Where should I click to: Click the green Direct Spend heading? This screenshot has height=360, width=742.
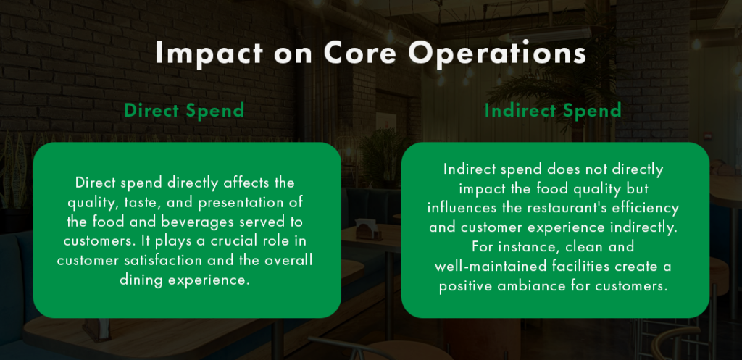tap(183, 111)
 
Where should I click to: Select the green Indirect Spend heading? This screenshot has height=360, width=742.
tap(553, 111)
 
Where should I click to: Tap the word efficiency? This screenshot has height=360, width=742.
tap(649, 208)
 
